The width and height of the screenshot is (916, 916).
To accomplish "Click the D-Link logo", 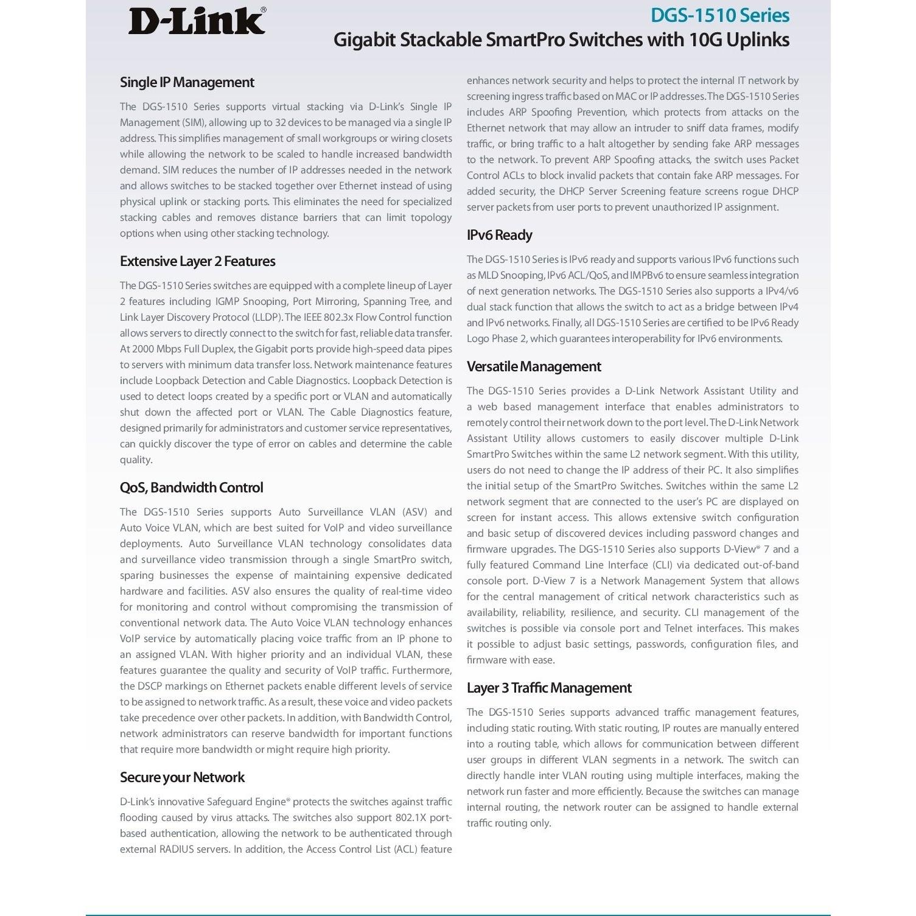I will tap(197, 21).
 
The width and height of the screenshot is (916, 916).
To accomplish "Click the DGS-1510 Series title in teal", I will tap(719, 15).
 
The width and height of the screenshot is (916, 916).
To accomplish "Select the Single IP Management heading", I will tap(187, 82).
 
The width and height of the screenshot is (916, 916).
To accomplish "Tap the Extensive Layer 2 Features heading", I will tap(197, 261).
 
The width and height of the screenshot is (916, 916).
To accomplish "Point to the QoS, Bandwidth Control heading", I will tap(191, 488).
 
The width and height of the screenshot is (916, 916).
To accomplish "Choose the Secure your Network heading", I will tap(182, 777).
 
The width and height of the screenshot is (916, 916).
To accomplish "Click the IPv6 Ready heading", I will tap(499, 235).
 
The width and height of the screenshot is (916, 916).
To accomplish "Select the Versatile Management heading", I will tap(534, 366).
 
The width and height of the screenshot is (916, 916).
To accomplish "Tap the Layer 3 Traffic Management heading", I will tap(549, 688).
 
